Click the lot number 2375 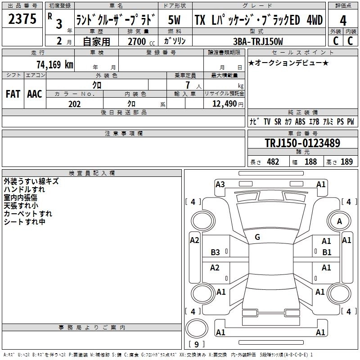[22, 19]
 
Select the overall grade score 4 [343, 21]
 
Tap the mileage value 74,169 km [54, 64]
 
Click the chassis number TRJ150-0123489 [302, 143]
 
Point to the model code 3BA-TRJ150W [258, 41]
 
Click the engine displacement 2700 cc [141, 41]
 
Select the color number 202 [74, 104]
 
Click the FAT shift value [13, 94]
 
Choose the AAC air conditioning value [35, 94]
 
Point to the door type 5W [174, 20]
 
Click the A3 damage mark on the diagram [220, 184]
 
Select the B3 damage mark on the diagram [215, 252]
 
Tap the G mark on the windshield [257, 237]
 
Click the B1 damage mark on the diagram [327, 252]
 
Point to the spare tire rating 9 [196, 344]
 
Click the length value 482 [273, 162]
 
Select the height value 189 [346, 162]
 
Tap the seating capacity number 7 [188, 85]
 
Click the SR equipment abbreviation [278, 121]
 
